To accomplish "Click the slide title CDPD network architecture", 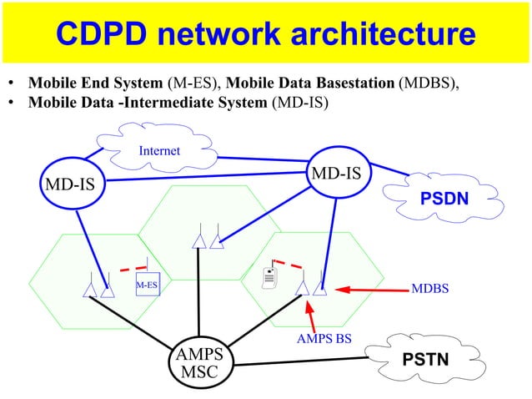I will click(x=266, y=34).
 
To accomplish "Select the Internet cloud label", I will click(x=159, y=151).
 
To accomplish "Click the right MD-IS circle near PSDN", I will click(x=336, y=174).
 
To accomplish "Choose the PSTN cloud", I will click(x=425, y=360).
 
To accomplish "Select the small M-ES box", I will click(x=147, y=285).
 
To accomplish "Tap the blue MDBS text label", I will click(x=429, y=289).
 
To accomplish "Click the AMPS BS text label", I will click(x=324, y=340).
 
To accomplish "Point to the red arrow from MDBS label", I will click(x=371, y=290).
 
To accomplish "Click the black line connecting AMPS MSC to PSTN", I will click(x=300, y=362).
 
